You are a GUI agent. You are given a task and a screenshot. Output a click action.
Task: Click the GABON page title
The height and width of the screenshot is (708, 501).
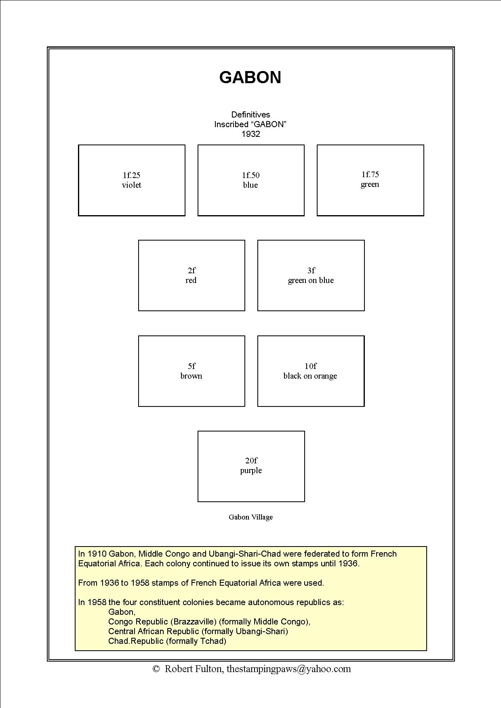[x=250, y=78]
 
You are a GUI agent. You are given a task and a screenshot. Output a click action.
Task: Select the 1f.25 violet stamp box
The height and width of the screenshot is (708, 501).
[x=132, y=180]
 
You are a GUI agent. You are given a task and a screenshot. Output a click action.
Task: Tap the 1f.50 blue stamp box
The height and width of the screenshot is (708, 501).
[x=251, y=180]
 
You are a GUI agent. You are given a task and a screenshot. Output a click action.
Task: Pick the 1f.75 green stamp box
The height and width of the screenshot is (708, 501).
[x=370, y=180]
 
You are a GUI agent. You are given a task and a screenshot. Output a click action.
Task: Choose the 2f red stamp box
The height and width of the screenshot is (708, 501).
[x=192, y=275]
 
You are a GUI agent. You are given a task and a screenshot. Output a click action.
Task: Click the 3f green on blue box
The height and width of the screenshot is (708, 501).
[x=311, y=275]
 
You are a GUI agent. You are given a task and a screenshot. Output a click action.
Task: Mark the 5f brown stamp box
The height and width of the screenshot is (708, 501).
[x=192, y=371]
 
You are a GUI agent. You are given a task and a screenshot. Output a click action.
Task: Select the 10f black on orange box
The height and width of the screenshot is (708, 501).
[x=311, y=371]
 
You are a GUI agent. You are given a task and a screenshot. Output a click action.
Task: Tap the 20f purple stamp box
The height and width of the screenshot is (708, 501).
[x=251, y=466]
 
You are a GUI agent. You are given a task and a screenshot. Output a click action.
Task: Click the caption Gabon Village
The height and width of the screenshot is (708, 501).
[x=250, y=517]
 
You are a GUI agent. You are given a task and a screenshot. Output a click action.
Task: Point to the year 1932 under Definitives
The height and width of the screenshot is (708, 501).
[x=250, y=134]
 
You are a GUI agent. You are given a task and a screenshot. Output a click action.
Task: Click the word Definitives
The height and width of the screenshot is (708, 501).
[x=250, y=115]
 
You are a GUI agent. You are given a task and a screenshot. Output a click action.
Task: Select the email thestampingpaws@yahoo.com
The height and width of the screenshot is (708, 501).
[x=288, y=669]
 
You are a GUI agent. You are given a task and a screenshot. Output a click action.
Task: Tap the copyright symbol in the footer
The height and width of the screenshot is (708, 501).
[x=156, y=669]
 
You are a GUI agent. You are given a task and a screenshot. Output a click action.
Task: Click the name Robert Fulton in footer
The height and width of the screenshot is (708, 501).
[x=193, y=669]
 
